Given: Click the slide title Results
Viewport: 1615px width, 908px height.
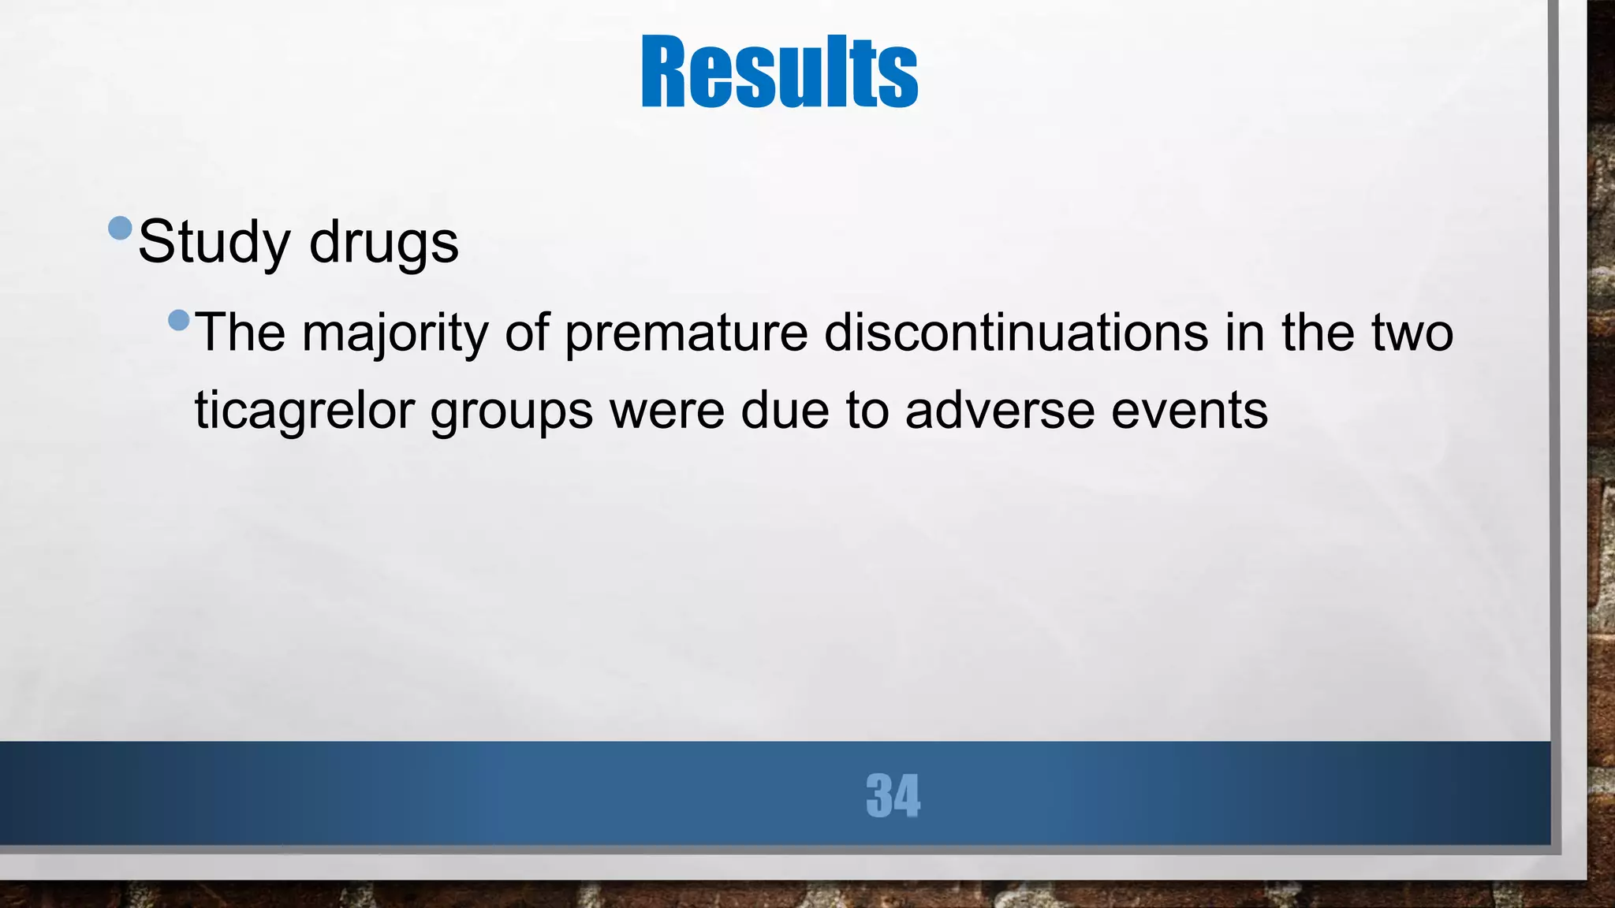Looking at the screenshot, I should coord(779,73).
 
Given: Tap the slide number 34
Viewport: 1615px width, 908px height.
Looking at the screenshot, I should coord(893,795).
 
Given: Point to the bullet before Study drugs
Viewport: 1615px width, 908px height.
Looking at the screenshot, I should coord(120,228).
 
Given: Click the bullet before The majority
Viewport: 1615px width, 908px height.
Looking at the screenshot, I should coord(179,320).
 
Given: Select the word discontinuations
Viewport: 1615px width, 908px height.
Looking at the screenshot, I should coord(1016,333).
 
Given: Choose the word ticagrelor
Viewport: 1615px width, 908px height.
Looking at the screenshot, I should coord(304,411).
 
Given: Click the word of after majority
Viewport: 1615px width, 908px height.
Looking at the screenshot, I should coord(526,333).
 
